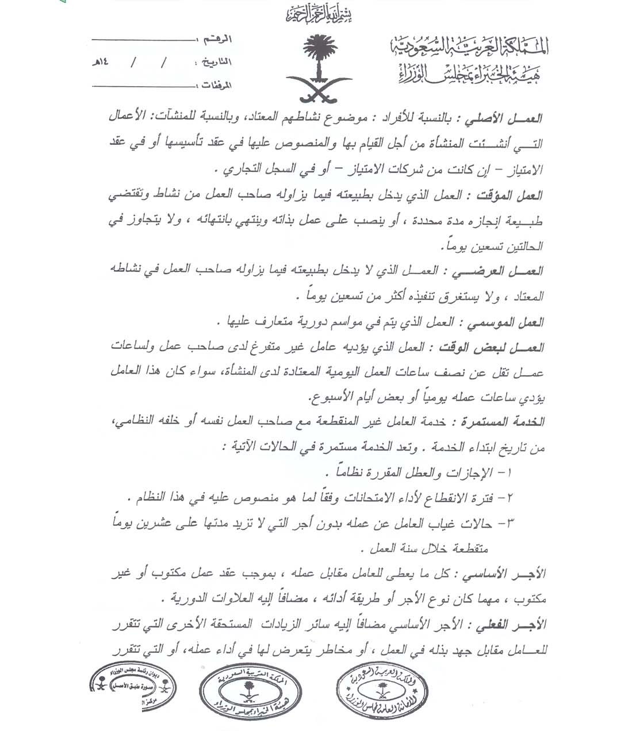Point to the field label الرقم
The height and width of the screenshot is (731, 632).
(x=218, y=40)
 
